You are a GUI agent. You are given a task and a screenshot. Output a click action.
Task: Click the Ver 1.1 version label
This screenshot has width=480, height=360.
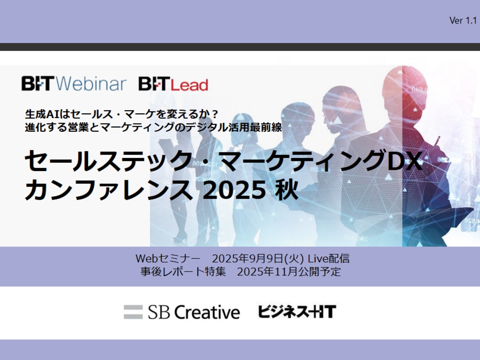(x=463, y=20)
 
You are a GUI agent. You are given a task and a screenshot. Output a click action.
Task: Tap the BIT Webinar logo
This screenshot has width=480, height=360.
(x=74, y=84)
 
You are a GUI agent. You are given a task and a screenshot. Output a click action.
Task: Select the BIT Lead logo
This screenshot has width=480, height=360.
(x=173, y=84)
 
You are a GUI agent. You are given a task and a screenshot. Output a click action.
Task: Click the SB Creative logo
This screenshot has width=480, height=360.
(x=182, y=312)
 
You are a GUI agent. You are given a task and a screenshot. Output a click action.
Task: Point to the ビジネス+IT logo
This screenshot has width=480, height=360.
(x=297, y=311)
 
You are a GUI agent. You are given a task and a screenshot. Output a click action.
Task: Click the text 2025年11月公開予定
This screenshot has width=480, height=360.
(x=289, y=271)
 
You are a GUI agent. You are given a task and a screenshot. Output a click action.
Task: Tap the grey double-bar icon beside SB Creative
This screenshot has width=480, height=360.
(x=133, y=312)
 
